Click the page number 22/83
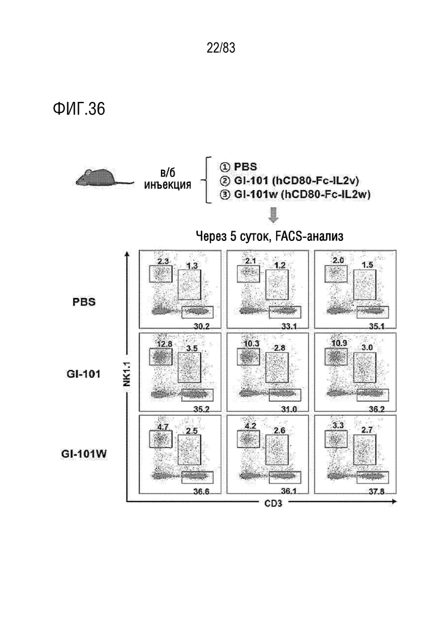click(x=221, y=48)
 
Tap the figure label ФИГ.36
click(x=79, y=108)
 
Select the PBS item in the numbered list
click(x=245, y=167)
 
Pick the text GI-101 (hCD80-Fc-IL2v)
click(x=296, y=181)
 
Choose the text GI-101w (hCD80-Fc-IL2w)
click(x=302, y=194)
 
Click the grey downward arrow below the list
click(x=274, y=215)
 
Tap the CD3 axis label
click(x=273, y=503)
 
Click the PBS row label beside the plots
click(x=84, y=302)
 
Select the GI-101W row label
click(x=84, y=454)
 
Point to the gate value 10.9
click(x=339, y=343)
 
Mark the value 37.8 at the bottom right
click(x=376, y=491)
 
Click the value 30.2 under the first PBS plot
click(x=201, y=326)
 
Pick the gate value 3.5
click(x=192, y=348)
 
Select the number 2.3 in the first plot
click(x=163, y=261)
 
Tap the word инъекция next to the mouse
click(x=167, y=185)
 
